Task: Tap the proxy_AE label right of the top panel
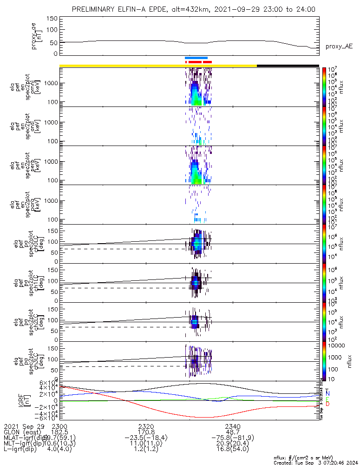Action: click(x=339, y=46)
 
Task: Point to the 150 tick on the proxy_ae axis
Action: click(x=52, y=19)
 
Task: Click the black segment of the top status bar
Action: click(x=288, y=66)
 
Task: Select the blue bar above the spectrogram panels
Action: click(x=196, y=58)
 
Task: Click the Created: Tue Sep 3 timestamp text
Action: click(x=316, y=463)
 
